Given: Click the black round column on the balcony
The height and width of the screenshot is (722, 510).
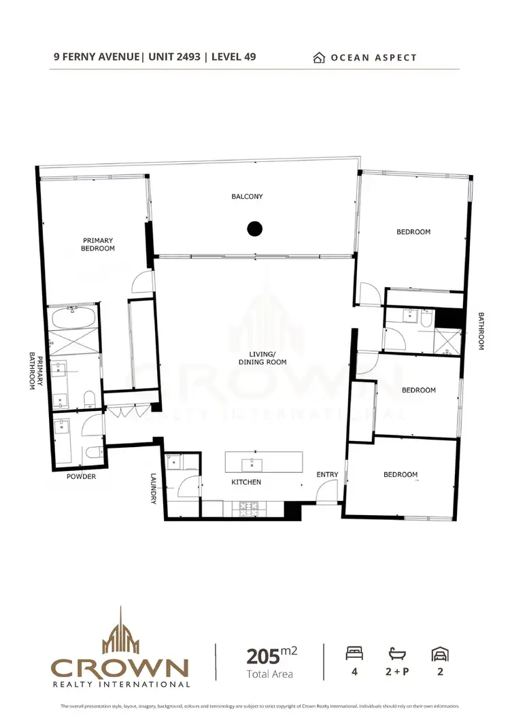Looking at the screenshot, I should coord(254,229).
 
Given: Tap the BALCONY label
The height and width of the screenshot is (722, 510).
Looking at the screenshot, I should coord(247,197).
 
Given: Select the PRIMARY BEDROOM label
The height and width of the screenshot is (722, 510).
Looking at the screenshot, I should coord(99,244).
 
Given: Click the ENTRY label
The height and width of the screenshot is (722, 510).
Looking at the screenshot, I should coord(327,474).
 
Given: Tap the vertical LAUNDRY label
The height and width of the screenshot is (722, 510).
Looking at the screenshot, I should coord(154,489).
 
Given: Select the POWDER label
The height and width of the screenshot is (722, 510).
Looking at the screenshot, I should coord(81,476).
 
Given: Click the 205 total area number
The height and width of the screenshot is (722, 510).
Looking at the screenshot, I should coord(263,656).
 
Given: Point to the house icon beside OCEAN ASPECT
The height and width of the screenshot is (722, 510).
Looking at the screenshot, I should coord(318,58).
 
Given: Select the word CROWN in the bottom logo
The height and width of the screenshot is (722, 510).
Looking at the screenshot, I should coord(120,666).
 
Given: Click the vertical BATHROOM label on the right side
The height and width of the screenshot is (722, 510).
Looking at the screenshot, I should coord(481,331).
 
